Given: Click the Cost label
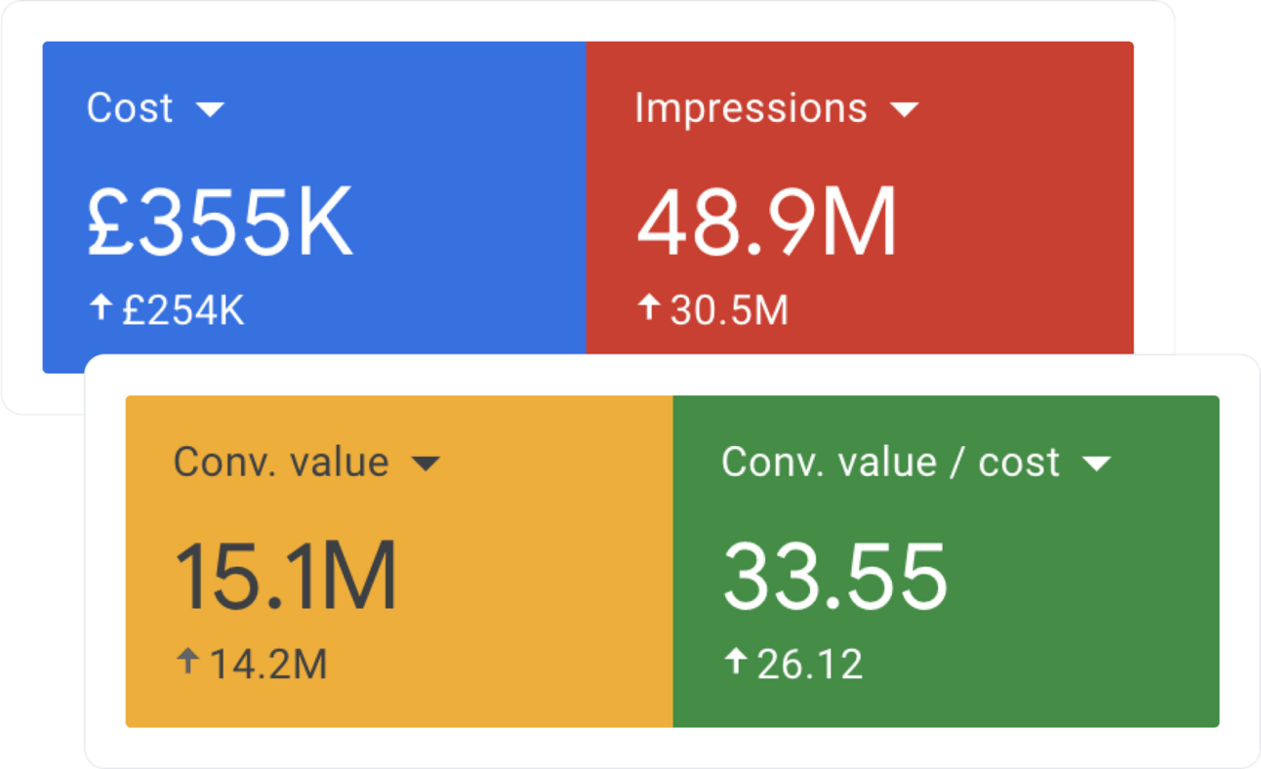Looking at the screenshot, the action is click(130, 107).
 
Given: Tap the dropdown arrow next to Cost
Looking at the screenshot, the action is click(210, 109).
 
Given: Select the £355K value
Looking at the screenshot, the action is click(221, 222).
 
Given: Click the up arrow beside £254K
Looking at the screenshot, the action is click(102, 307).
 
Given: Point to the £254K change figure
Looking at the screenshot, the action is click(183, 309).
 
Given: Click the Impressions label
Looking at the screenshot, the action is click(751, 108).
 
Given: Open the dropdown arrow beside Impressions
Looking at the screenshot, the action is click(905, 109).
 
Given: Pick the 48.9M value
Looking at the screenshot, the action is click(767, 222).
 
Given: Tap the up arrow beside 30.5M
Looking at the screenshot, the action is click(649, 307).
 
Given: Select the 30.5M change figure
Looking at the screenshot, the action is click(730, 309).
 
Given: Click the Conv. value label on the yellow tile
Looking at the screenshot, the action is click(281, 463).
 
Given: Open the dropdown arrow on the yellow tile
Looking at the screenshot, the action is click(427, 464).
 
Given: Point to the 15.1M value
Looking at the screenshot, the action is click(286, 576).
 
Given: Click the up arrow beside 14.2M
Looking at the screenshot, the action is click(188, 661).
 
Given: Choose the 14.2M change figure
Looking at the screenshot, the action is click(268, 665).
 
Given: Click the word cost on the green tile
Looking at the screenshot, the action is click(1019, 464).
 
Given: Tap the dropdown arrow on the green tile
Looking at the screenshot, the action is click(1097, 464).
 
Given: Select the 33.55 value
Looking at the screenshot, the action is click(835, 576).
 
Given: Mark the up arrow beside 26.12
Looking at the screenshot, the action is click(736, 661).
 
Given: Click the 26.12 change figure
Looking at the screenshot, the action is click(810, 665).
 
